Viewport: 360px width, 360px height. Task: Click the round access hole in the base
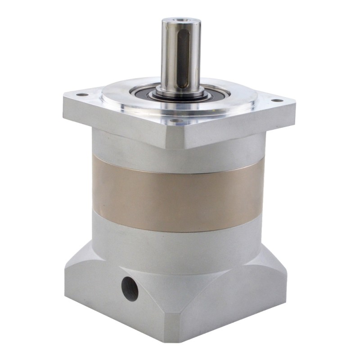click(x=130, y=288)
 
